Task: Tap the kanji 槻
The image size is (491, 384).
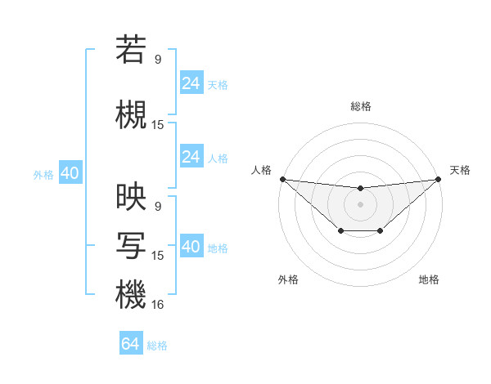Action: click(131, 114)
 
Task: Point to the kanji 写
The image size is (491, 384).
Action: click(131, 245)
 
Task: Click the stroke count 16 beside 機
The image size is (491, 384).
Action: click(158, 305)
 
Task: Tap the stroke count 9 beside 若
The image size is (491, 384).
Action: click(158, 59)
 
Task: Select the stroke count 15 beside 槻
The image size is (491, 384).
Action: click(158, 125)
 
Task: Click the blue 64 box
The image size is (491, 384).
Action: click(131, 344)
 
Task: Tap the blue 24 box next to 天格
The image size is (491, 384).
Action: click(191, 83)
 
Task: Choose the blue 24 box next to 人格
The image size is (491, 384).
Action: click(191, 157)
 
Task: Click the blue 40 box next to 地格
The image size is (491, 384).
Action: click(191, 247)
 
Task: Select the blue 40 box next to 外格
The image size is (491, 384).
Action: click(70, 173)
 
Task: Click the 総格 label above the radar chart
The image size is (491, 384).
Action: click(360, 106)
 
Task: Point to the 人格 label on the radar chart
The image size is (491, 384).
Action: click(262, 170)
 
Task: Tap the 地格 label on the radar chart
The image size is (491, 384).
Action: click(429, 279)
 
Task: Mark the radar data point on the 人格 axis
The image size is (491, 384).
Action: click(282, 179)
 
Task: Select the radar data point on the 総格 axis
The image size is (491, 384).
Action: click(360, 189)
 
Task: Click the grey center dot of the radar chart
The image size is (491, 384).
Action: click(360, 204)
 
